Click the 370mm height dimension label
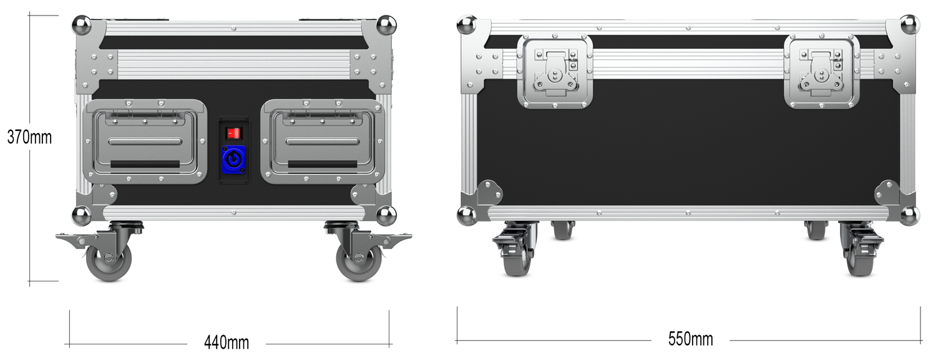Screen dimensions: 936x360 pos(30,137)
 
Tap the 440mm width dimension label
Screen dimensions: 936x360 pos(227,343)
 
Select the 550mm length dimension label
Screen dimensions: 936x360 pos(690,339)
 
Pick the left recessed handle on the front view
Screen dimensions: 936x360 pos(145,142)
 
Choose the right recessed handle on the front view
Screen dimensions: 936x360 pos(323,142)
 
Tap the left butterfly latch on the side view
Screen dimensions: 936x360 pos(555,71)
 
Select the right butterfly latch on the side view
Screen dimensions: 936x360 pos(822,71)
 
